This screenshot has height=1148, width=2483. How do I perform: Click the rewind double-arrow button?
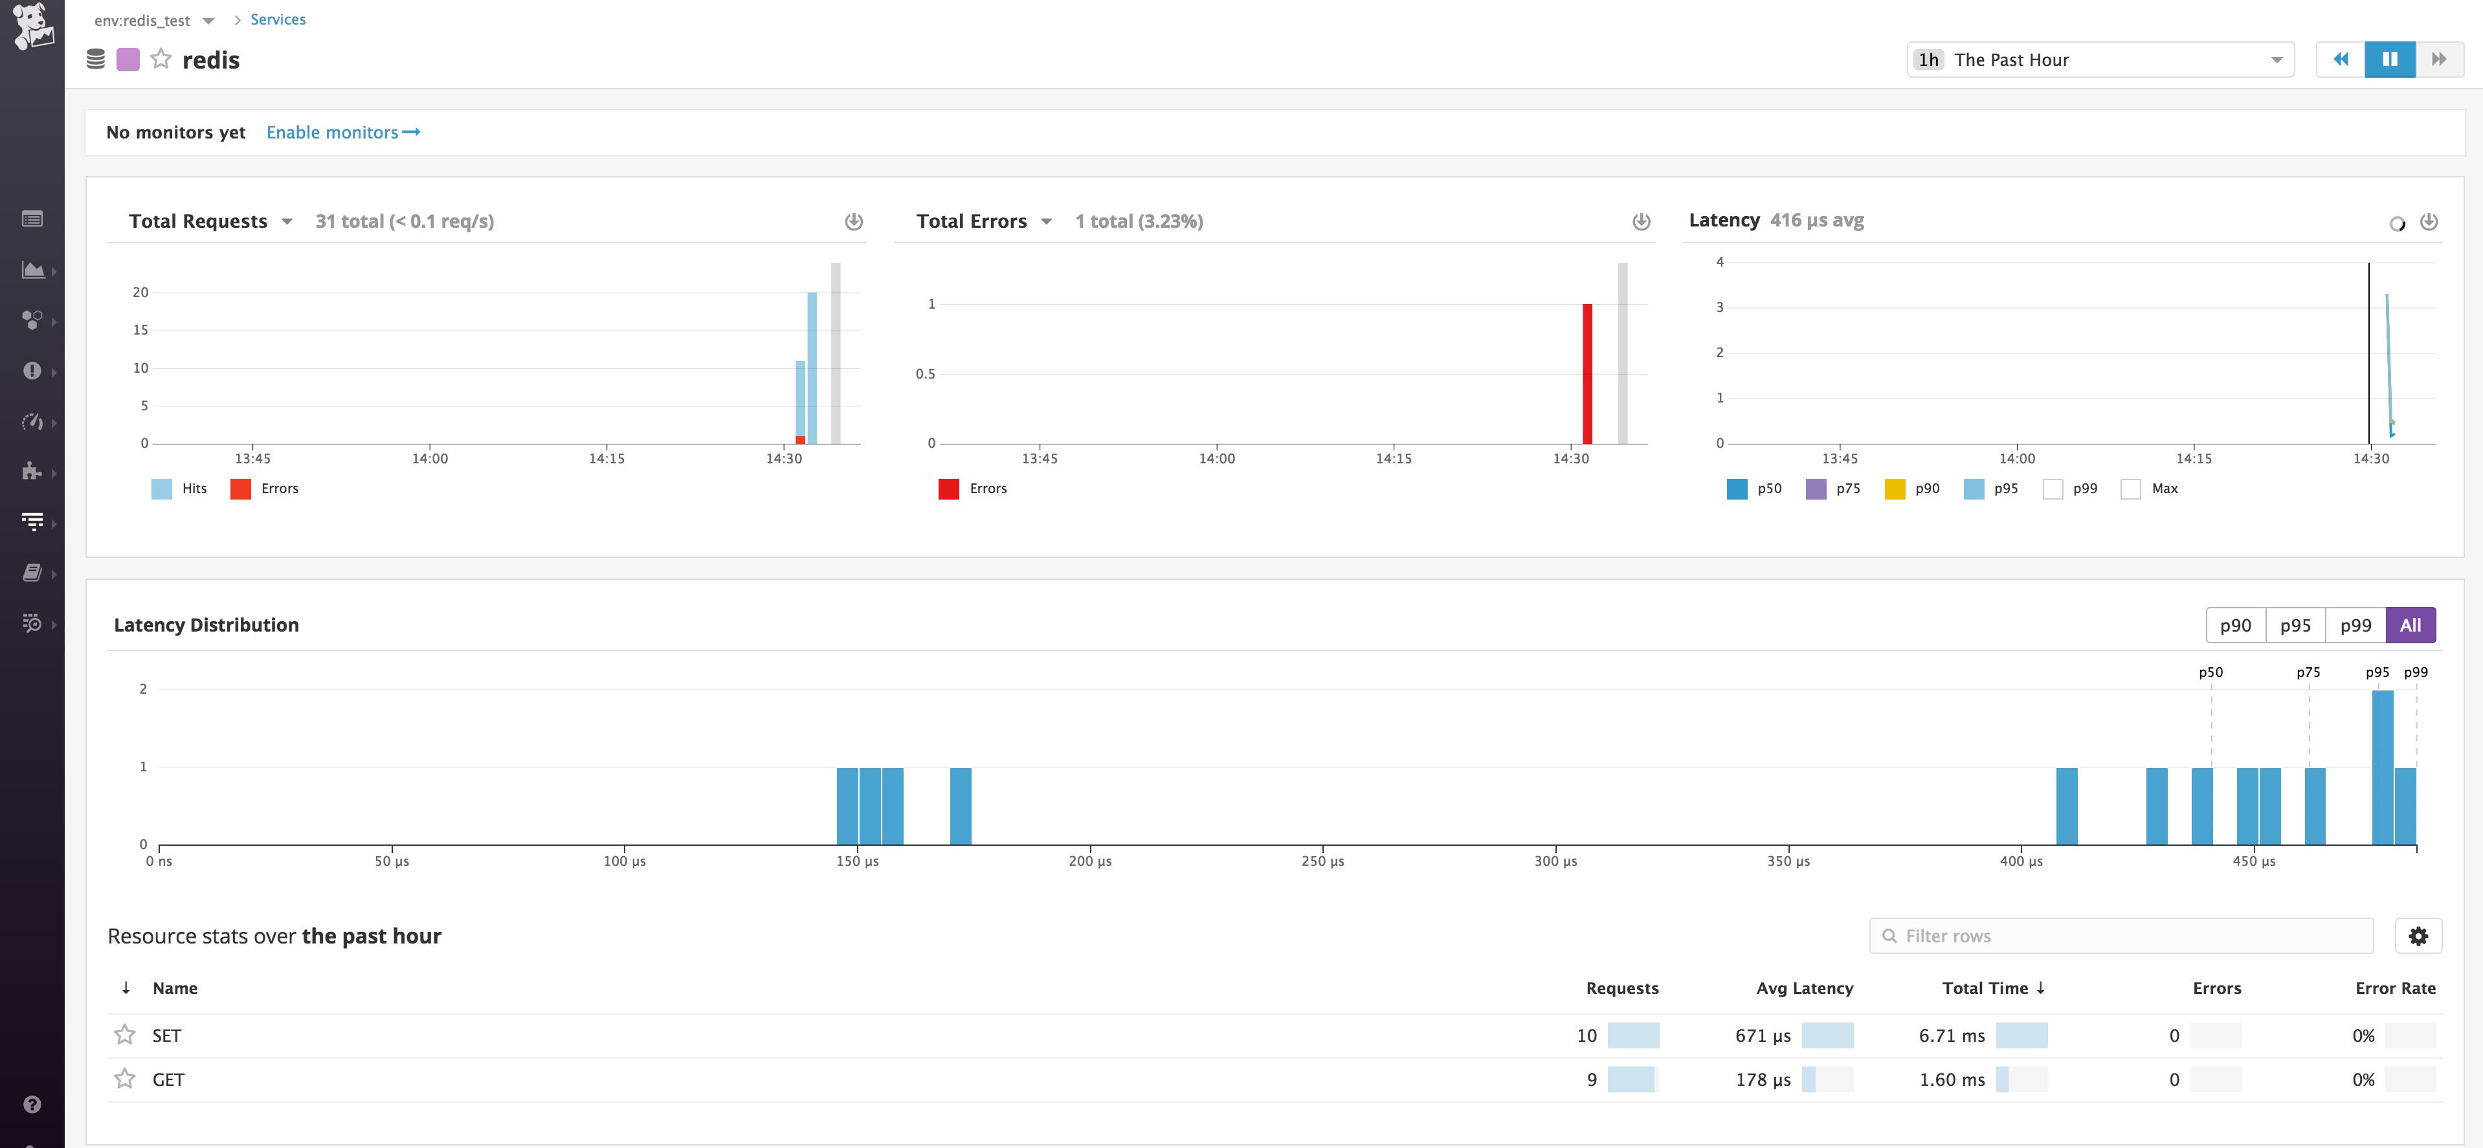(2341, 60)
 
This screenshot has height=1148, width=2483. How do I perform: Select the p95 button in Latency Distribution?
(2295, 626)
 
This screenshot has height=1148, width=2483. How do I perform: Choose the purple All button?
(2410, 626)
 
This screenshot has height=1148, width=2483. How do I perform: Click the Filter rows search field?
(2121, 936)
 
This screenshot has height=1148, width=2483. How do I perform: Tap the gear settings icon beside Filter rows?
(2418, 936)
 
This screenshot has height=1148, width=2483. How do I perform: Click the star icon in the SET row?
(124, 1035)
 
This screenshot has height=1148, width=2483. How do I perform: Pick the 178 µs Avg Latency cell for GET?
(1763, 1079)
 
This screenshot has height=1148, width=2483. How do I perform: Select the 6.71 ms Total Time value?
(1951, 1035)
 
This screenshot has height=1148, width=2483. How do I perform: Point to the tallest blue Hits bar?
(812, 366)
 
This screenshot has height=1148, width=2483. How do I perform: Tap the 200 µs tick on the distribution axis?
(1090, 861)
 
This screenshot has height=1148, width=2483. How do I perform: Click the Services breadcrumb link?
(278, 19)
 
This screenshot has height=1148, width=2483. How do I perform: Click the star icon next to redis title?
(161, 60)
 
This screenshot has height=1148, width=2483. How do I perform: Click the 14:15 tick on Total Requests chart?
(607, 459)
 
